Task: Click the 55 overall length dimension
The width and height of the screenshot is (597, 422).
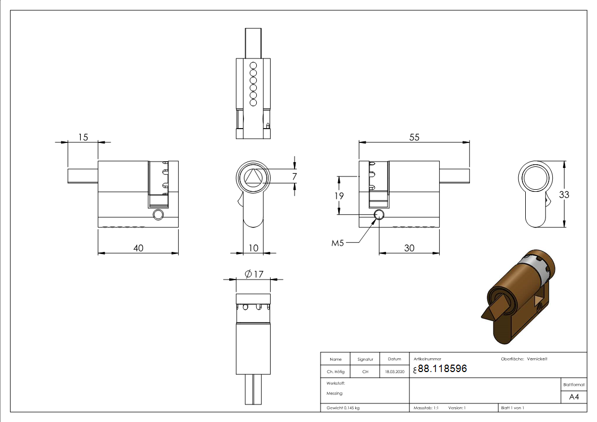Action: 414,137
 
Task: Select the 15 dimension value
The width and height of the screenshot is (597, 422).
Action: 83,137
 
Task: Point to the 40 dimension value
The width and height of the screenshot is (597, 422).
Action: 138,247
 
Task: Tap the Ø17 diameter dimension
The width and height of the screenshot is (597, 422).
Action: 254,274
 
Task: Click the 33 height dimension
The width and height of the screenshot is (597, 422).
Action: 564,195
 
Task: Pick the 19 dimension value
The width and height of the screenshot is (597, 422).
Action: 338,196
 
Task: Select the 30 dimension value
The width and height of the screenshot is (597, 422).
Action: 409,247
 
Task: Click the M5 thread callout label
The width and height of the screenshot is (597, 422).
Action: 338,243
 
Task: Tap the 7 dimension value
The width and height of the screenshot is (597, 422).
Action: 295,176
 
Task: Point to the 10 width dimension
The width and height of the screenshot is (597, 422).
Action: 253,248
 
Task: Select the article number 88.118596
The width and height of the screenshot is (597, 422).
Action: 442,368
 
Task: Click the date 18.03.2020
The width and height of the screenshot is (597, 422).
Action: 394,372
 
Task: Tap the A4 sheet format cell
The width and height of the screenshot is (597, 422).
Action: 574,397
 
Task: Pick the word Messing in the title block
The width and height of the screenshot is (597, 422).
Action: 334,393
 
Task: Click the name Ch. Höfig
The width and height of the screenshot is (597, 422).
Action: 335,372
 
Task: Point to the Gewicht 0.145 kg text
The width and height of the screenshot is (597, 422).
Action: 343,408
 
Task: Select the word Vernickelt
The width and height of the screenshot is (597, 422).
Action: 537,359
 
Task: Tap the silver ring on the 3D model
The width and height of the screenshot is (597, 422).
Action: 532,268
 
